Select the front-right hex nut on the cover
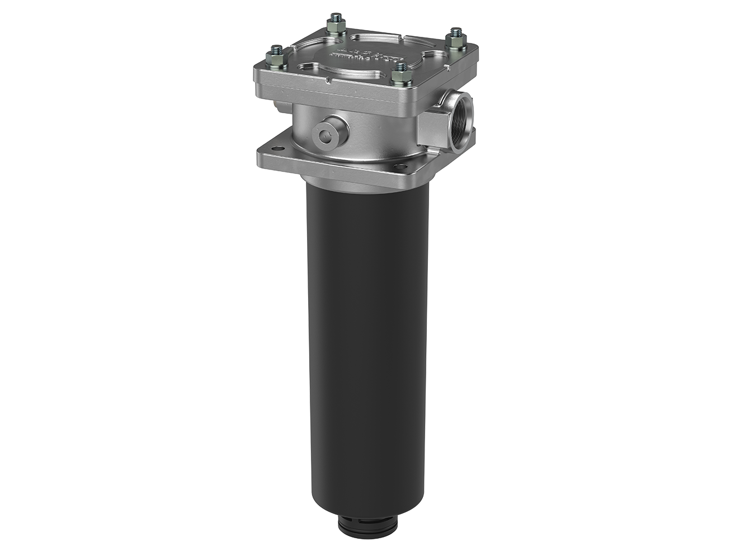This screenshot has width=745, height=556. pos(399,70)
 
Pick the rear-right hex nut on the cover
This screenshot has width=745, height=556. pos(455,37)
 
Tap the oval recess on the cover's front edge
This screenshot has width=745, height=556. pos(314,68)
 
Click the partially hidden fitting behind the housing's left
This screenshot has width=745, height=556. pos(280,105)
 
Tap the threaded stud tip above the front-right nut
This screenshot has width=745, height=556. pos(399,63)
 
